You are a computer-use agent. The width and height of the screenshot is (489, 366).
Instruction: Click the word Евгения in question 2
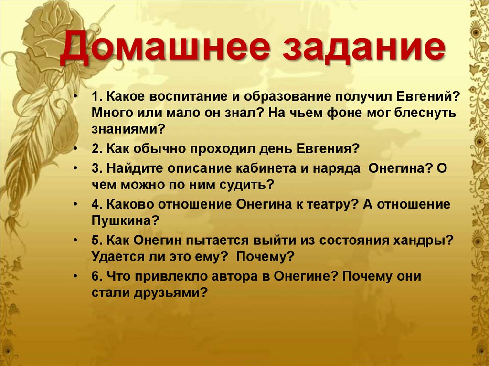[x=328, y=148]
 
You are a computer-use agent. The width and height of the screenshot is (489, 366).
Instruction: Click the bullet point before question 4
[x=76, y=205]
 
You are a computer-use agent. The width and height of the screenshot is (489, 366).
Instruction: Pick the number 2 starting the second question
[x=96, y=148]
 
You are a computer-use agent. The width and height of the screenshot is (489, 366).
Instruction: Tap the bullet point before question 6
[x=76, y=276]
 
